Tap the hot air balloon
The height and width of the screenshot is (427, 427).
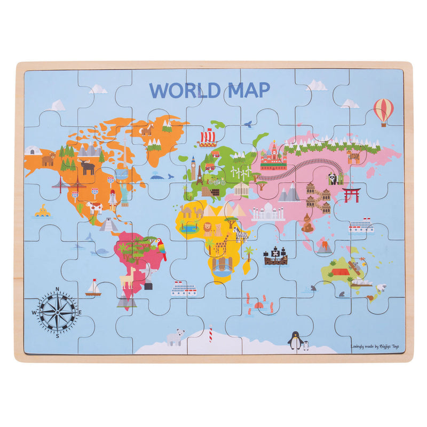(383, 110)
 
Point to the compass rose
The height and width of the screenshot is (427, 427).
(58, 312)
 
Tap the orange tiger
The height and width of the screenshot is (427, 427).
(353, 156)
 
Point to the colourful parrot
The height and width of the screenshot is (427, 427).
(161, 248)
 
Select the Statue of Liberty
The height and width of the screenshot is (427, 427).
(124, 195)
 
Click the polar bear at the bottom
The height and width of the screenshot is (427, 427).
(175, 337)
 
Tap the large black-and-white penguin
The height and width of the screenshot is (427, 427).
(294, 341)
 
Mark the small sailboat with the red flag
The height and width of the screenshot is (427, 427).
(93, 288)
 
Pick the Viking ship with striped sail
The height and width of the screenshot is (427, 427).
(208, 137)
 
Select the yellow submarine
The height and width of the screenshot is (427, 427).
(42, 211)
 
